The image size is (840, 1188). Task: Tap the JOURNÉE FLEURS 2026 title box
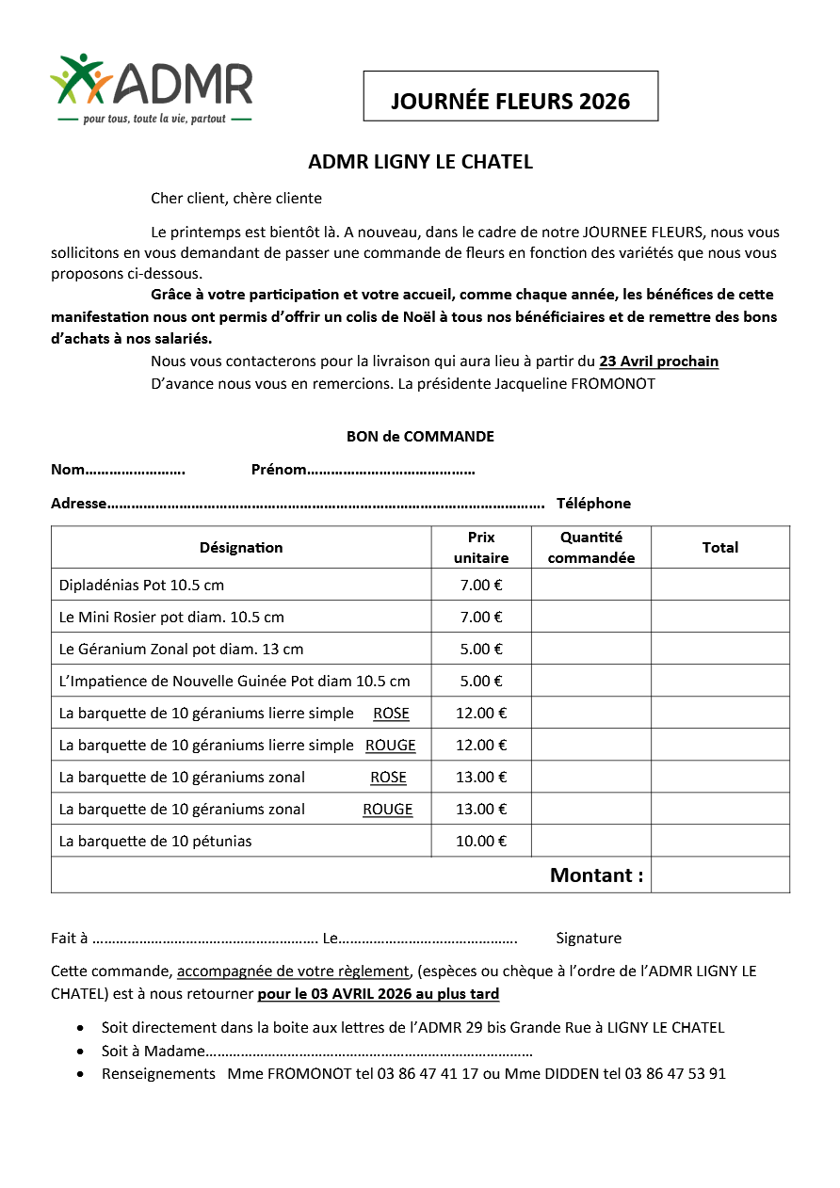tap(510, 97)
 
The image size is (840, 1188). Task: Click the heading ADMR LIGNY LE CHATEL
tap(420, 162)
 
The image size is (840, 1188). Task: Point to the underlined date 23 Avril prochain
tap(658, 361)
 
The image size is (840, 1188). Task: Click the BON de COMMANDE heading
tap(420, 437)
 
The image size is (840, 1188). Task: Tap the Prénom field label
tap(279, 470)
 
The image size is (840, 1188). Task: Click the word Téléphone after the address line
tap(593, 504)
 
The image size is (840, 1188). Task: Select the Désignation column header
tap(241, 548)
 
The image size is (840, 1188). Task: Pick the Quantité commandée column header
tap(591, 548)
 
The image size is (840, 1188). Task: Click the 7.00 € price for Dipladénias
tap(481, 586)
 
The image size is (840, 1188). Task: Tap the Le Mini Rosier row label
tap(171, 618)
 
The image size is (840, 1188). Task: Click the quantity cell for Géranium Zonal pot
tap(591, 650)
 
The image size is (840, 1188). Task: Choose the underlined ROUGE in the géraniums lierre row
tap(391, 746)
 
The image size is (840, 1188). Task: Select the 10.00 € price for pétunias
tap(481, 842)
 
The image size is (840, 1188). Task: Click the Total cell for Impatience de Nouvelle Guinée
tap(720, 682)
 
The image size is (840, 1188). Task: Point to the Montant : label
tap(596, 875)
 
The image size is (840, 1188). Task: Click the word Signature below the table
tap(589, 939)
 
